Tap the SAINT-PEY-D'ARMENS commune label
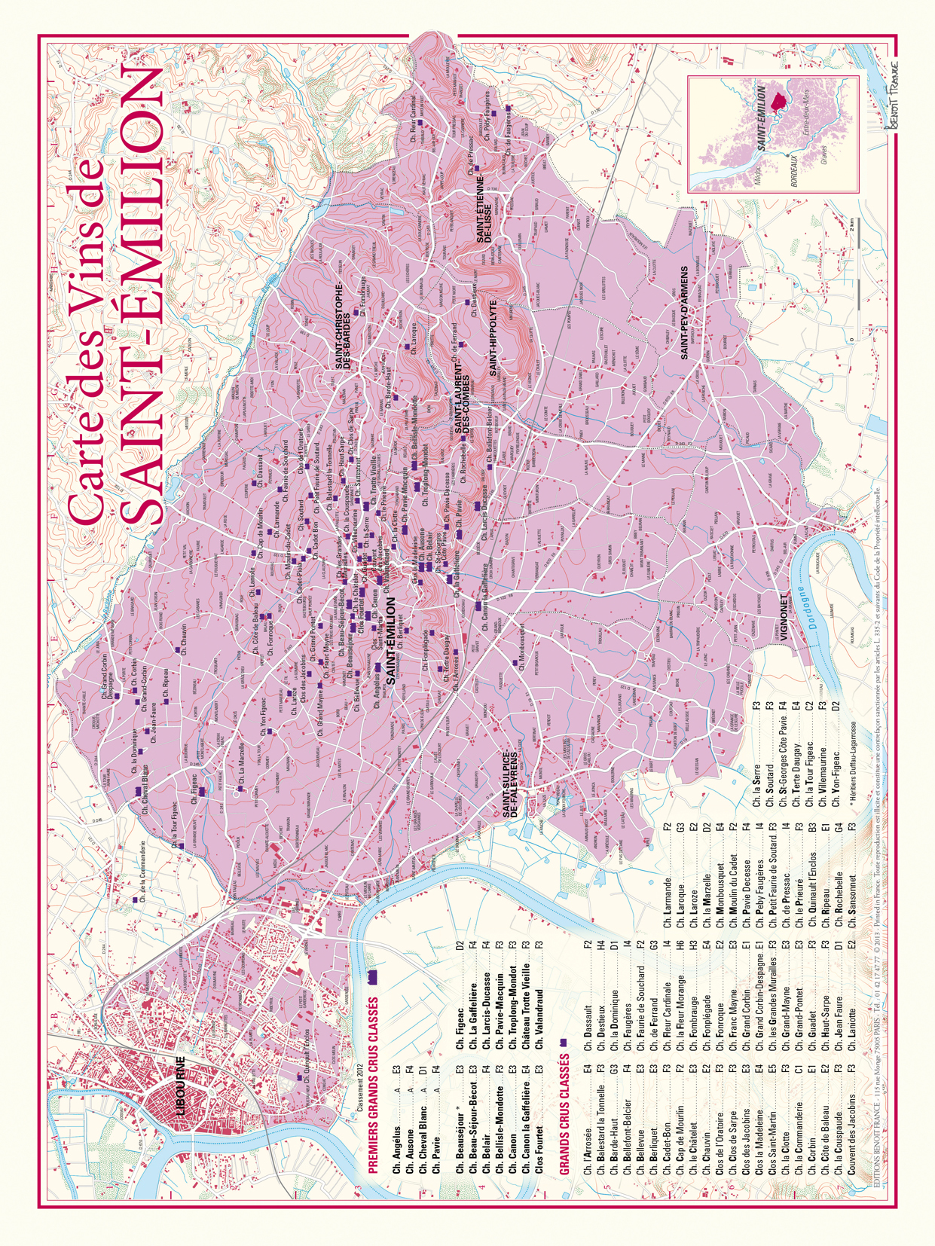(x=685, y=313)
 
